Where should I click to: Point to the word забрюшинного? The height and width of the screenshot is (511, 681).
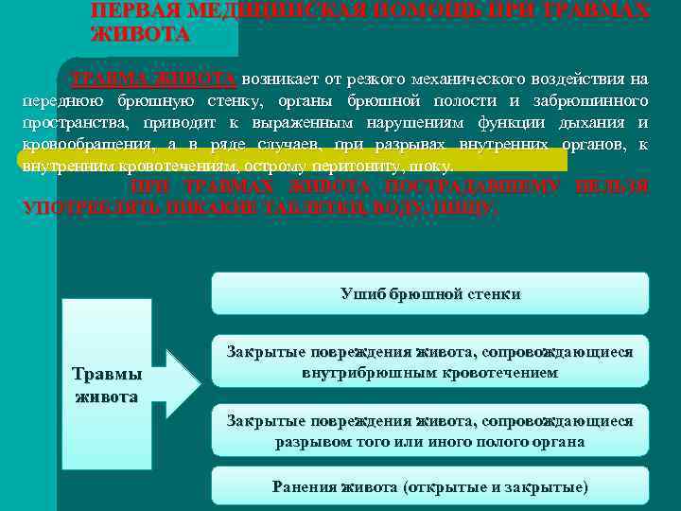[598, 100]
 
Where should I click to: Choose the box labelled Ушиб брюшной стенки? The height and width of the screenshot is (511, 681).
[429, 293]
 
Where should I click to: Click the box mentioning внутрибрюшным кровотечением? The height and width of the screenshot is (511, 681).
[429, 361]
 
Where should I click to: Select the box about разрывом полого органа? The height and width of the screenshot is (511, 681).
[429, 431]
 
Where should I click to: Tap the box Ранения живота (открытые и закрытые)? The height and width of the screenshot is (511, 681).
[429, 486]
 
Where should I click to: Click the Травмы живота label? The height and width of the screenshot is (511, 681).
[107, 384]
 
